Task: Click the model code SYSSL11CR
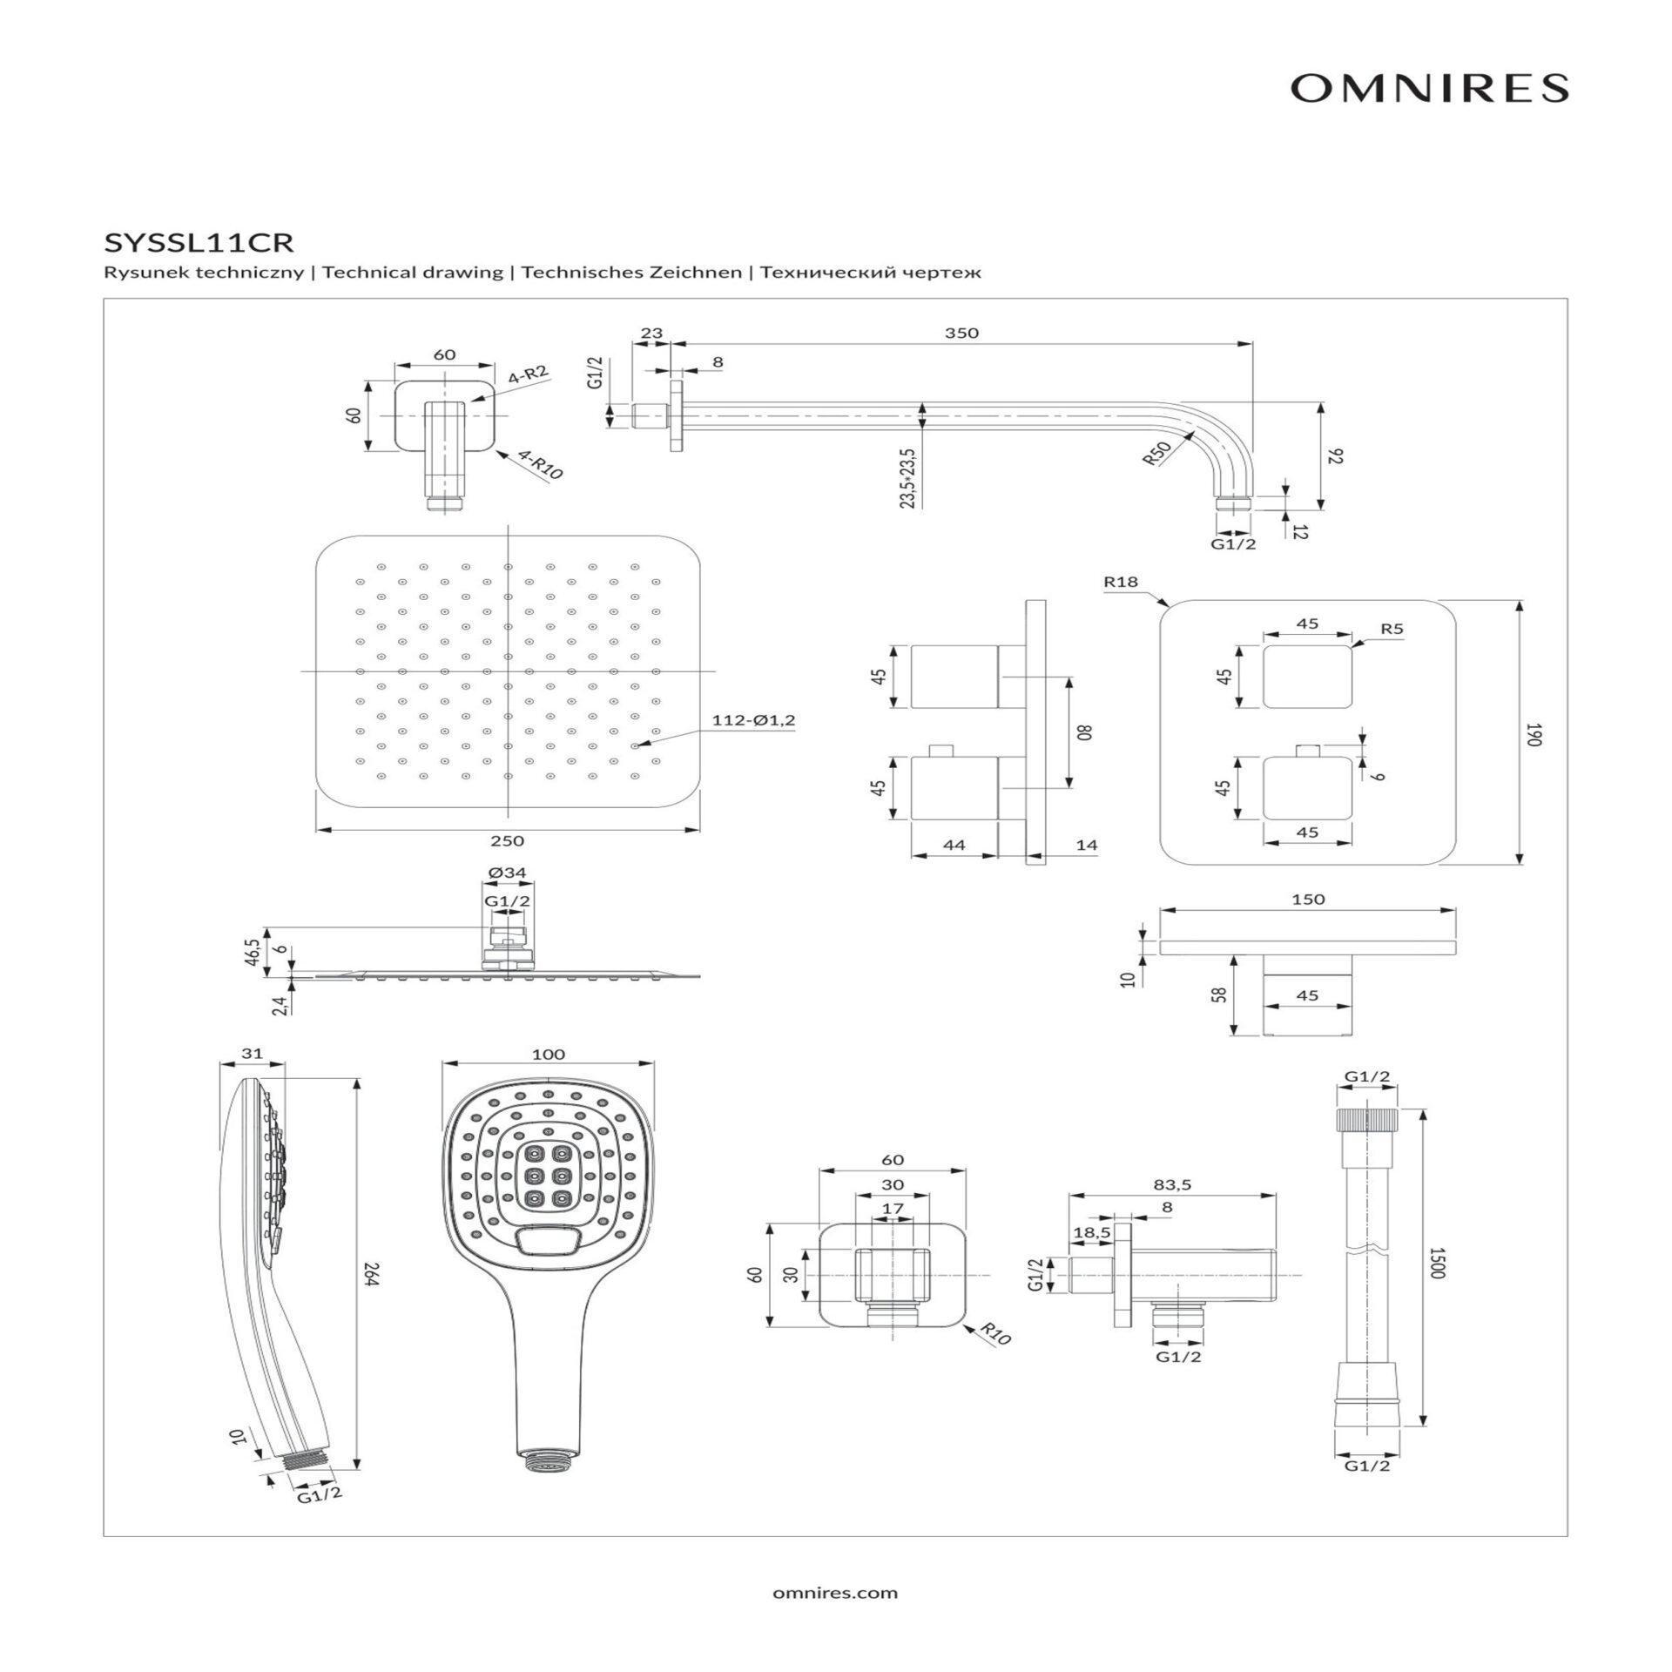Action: click(198, 241)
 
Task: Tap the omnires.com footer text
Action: click(834, 1593)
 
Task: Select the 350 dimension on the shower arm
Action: click(961, 333)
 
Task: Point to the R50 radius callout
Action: click(1156, 453)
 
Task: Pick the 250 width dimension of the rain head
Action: click(507, 840)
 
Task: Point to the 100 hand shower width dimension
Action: click(548, 1054)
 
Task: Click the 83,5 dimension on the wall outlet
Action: click(1172, 1184)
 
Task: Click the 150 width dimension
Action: click(1308, 900)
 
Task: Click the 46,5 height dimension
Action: click(253, 951)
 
